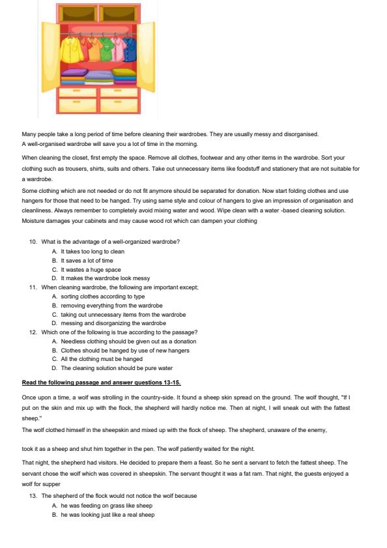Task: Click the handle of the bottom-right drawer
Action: pyautogui.click(x=118, y=103)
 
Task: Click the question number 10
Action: pyautogui.click(x=33, y=242)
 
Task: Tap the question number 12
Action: pyautogui.click(x=33, y=332)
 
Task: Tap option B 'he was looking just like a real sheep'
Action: pyautogui.click(x=107, y=515)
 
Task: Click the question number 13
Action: pyautogui.click(x=33, y=497)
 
